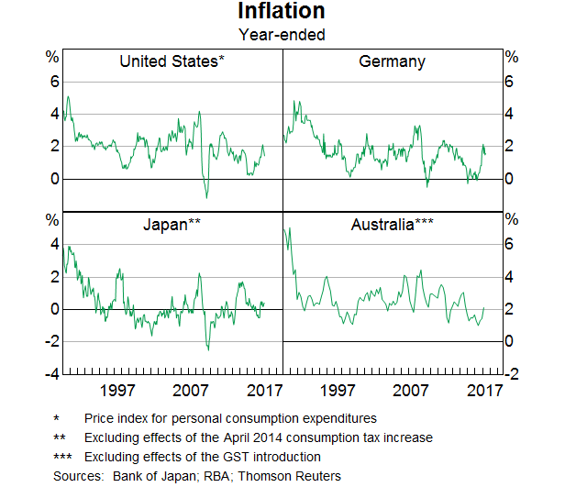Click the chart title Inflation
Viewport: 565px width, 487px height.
click(282, 12)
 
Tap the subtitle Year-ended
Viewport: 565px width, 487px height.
click(282, 35)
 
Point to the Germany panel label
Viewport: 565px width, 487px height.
click(392, 62)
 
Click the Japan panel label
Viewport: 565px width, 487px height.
click(172, 223)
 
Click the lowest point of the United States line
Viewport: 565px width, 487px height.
click(206, 197)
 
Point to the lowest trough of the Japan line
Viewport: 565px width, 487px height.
click(207, 349)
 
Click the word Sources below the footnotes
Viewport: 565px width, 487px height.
click(78, 476)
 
